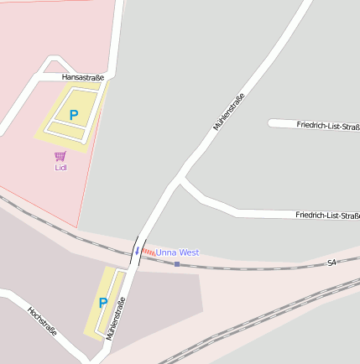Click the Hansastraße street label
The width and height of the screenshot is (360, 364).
point(83,78)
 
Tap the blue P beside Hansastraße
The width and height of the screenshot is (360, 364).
point(73,114)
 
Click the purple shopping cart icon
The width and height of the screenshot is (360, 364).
point(60,156)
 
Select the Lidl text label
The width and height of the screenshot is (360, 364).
point(60,167)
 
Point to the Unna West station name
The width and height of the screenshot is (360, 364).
point(177,252)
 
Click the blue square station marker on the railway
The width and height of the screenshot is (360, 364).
point(176,264)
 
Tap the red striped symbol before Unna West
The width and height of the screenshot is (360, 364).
point(148,252)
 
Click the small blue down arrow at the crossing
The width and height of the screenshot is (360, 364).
point(137,251)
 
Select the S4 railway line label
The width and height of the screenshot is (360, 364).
point(331,263)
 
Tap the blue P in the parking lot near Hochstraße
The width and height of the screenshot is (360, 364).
point(103,303)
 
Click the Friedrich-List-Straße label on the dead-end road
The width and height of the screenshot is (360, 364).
point(328,126)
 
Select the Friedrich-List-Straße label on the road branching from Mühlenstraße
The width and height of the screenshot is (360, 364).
point(327,216)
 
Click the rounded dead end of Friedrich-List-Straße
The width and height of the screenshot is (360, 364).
point(272,123)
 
